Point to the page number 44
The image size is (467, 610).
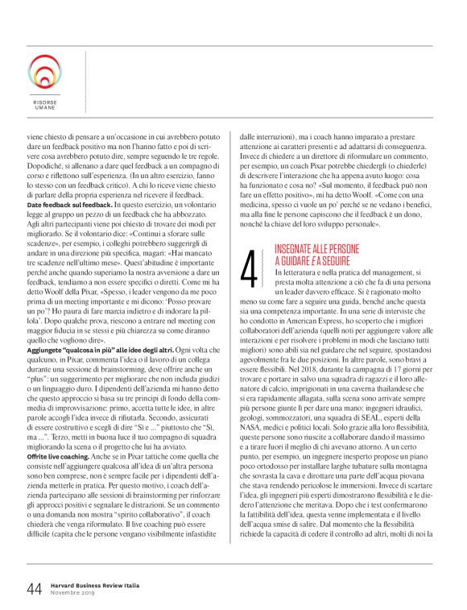coord(34,566)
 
